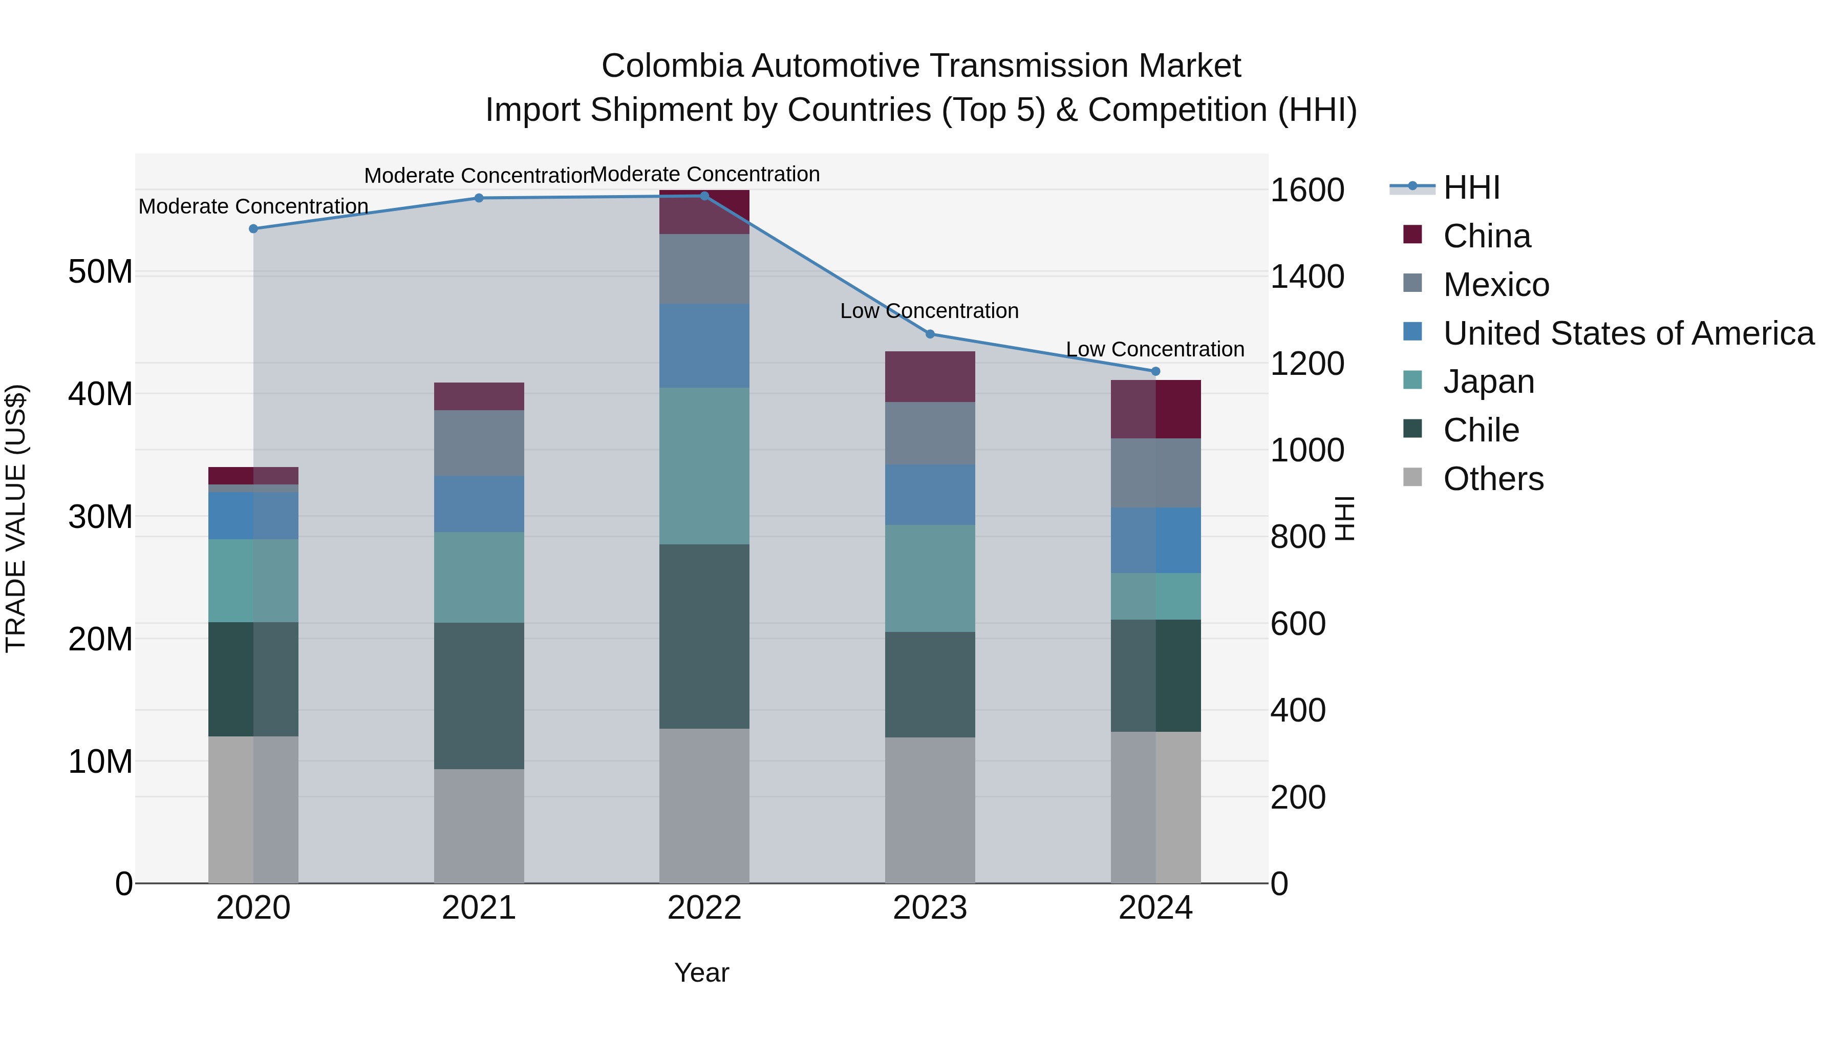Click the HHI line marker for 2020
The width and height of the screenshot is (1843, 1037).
click(x=253, y=229)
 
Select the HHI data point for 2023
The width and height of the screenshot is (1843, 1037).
click(x=930, y=334)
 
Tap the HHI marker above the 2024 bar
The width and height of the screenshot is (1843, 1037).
click(x=1155, y=371)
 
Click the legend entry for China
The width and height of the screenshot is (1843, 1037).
click(x=1486, y=236)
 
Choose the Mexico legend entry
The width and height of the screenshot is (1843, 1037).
click(x=1495, y=285)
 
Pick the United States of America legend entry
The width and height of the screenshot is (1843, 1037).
click(x=1627, y=333)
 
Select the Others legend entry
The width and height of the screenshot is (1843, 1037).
click(x=1493, y=479)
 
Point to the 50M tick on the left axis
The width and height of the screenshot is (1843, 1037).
click(x=100, y=272)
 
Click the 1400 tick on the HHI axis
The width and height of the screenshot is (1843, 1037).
click(x=1306, y=277)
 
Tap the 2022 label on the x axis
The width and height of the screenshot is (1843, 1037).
click(x=704, y=908)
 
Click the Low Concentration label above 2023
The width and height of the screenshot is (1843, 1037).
click(x=929, y=311)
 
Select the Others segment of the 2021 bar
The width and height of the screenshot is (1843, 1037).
click(x=479, y=826)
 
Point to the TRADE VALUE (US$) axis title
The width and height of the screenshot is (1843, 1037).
click(x=16, y=518)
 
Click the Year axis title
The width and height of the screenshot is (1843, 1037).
click(x=701, y=972)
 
